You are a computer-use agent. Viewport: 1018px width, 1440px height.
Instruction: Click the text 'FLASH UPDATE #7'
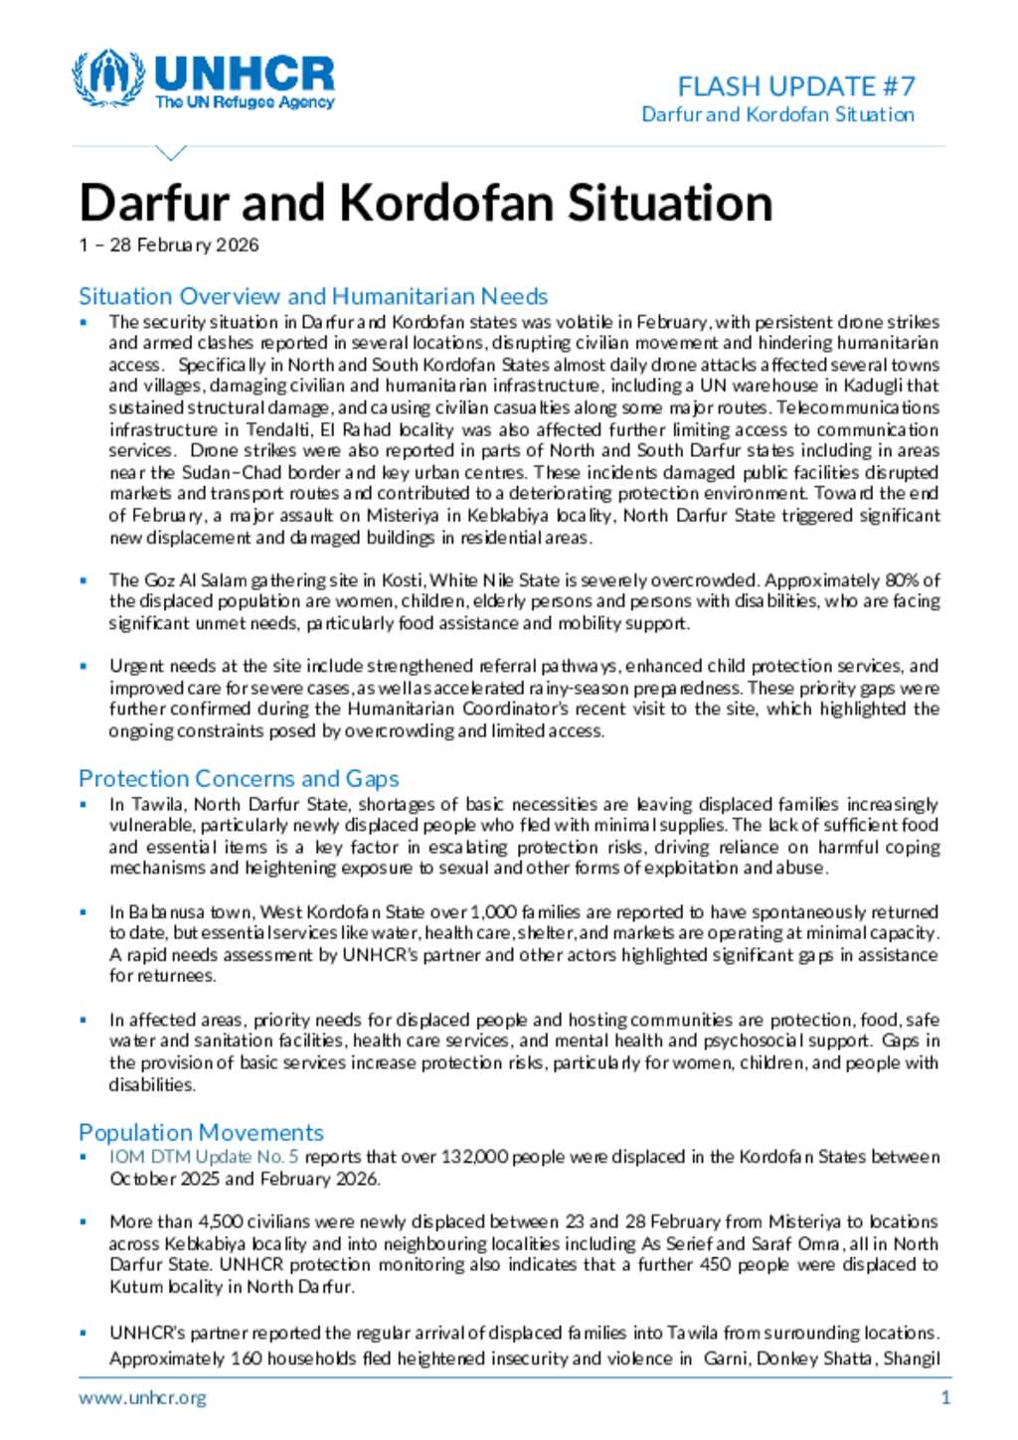click(x=795, y=86)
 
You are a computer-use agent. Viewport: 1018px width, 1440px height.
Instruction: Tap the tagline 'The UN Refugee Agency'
click(x=245, y=102)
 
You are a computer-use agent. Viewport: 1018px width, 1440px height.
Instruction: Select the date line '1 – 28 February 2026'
click(x=169, y=245)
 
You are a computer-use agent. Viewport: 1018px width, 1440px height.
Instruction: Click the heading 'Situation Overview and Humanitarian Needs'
click(x=313, y=296)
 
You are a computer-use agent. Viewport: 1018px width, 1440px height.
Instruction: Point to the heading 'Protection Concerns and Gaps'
click(x=239, y=778)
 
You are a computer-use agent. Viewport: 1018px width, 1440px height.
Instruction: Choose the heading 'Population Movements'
click(x=201, y=1132)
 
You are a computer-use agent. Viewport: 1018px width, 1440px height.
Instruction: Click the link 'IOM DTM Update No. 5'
click(x=204, y=1157)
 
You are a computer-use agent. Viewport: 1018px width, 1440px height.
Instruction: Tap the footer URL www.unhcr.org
click(x=143, y=1397)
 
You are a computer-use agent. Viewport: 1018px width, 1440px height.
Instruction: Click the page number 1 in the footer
click(x=945, y=1397)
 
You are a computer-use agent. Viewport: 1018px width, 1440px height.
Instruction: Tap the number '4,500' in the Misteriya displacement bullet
click(x=218, y=1221)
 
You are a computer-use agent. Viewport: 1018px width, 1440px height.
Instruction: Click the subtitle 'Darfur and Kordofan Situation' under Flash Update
click(x=777, y=114)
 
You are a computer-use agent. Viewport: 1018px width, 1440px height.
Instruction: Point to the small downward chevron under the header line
click(x=172, y=153)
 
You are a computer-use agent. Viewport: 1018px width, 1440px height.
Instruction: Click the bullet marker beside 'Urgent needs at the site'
click(x=85, y=667)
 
